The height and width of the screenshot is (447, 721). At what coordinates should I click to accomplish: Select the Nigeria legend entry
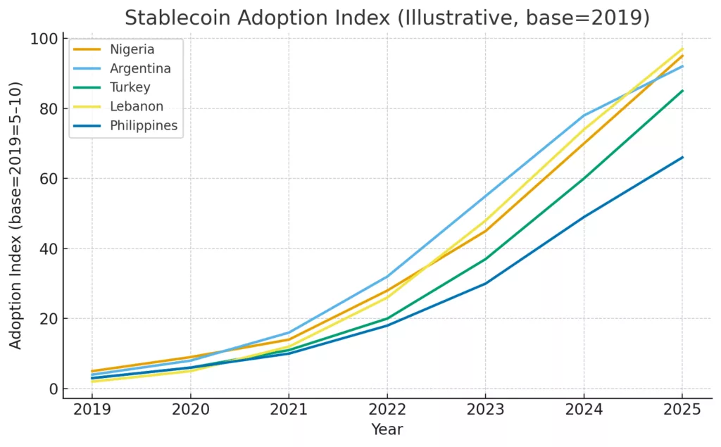click(x=132, y=49)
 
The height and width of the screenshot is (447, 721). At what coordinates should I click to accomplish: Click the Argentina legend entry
click(x=140, y=68)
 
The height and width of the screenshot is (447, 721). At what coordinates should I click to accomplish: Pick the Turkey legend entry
click(x=130, y=87)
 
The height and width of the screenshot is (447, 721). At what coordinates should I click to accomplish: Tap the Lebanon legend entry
click(x=136, y=106)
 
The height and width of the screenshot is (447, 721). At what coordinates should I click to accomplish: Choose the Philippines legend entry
click(x=144, y=125)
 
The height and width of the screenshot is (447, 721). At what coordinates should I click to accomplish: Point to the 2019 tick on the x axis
click(x=92, y=410)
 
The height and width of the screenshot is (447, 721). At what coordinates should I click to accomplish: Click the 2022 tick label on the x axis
click(x=387, y=410)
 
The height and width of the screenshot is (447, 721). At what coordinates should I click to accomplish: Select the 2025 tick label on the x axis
click(x=682, y=410)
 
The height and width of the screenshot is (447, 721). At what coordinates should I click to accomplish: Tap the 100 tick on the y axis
click(x=44, y=39)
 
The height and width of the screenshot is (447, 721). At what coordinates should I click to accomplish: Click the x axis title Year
click(x=387, y=429)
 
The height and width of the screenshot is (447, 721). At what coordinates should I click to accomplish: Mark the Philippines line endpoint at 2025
click(x=682, y=157)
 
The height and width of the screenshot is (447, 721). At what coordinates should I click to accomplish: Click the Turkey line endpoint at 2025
click(x=682, y=91)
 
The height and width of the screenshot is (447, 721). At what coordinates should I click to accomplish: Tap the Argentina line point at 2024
click(x=584, y=115)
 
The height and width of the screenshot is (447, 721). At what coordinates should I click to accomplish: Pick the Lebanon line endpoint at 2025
click(x=682, y=49)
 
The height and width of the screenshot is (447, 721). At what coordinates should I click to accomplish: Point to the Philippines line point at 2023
click(x=485, y=284)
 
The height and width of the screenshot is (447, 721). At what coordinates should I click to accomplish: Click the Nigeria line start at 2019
click(x=92, y=371)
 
